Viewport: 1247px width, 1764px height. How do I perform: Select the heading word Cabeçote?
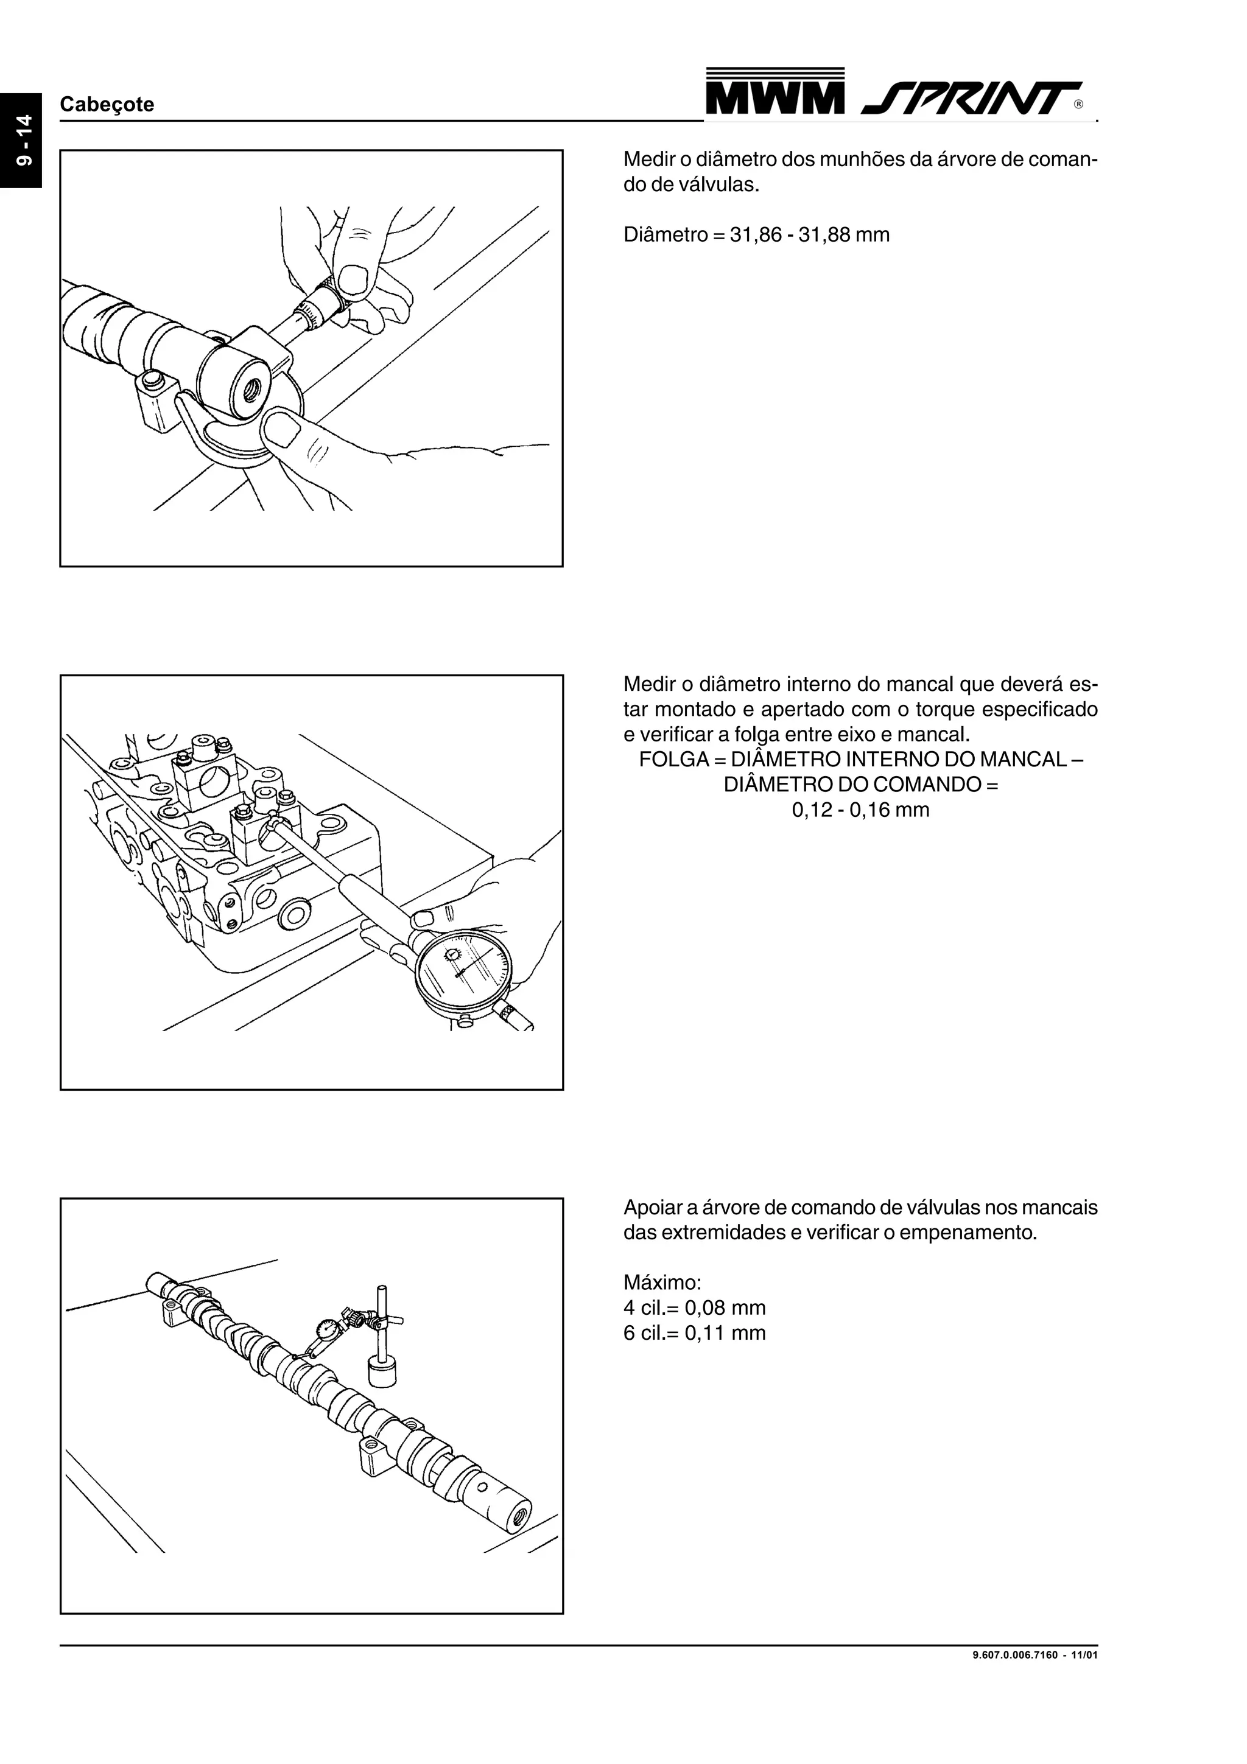click(x=107, y=105)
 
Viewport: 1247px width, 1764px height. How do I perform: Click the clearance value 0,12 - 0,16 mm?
click(x=860, y=810)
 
